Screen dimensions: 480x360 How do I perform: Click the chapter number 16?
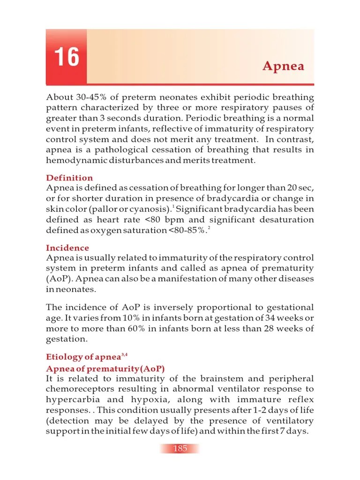(x=66, y=57)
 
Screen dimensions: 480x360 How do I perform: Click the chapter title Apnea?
(x=283, y=66)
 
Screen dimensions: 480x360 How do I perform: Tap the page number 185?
(x=180, y=449)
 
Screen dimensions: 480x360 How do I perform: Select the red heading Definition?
(x=69, y=178)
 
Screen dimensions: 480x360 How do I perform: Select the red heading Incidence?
(x=67, y=248)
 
